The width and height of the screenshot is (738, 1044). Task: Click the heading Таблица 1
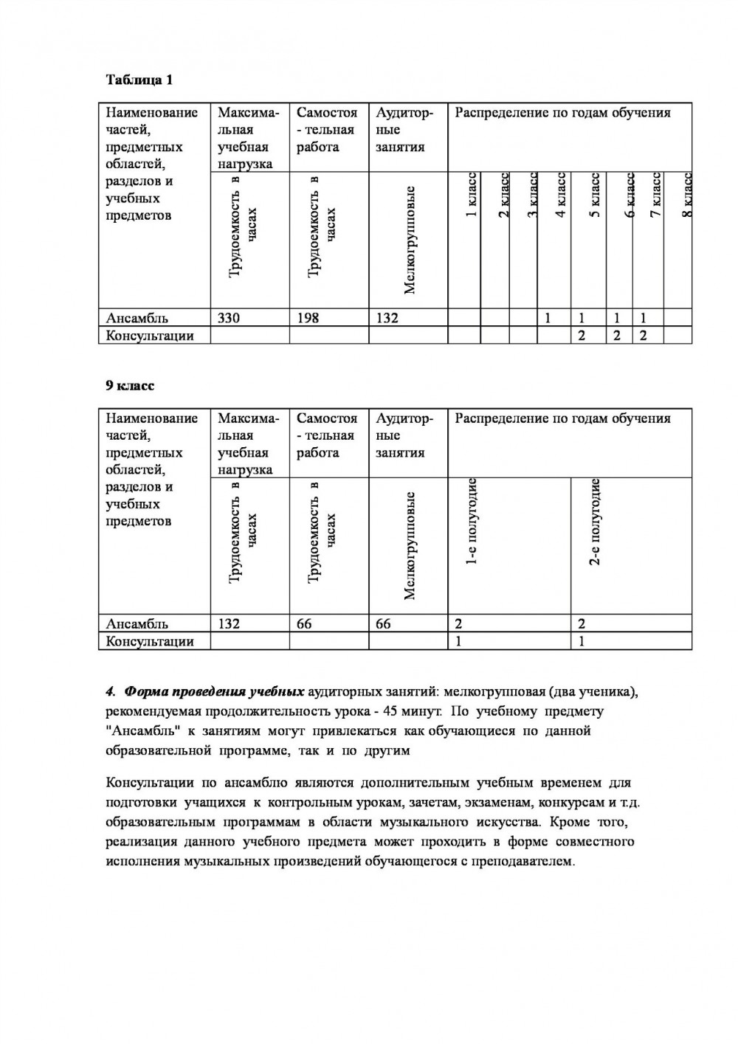pyautogui.click(x=139, y=80)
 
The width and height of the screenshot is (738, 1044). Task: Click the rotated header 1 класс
pyautogui.click(x=472, y=195)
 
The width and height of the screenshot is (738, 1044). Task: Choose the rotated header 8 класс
pyautogui.click(x=686, y=195)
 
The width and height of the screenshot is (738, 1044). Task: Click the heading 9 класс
pyautogui.click(x=131, y=386)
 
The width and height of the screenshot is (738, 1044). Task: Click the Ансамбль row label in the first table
pyautogui.click(x=137, y=318)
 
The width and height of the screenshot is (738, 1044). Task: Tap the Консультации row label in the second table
pyautogui.click(x=150, y=641)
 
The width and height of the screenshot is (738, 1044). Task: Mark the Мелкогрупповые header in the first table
pyautogui.click(x=410, y=240)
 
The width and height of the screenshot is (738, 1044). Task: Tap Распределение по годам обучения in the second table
pyautogui.click(x=562, y=418)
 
